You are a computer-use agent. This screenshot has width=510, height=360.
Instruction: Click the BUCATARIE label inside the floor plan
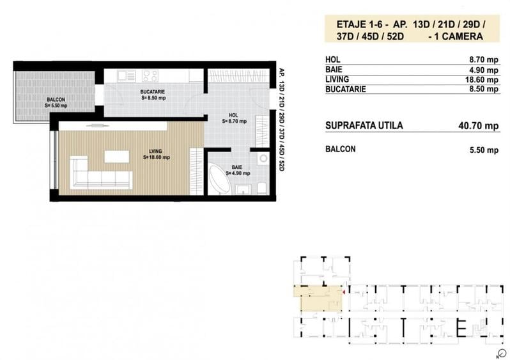point(153,92)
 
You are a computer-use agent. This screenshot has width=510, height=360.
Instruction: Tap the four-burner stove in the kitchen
point(150,75)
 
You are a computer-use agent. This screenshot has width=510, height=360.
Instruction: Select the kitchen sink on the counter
point(126,75)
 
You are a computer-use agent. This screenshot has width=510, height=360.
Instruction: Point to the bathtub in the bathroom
point(220,181)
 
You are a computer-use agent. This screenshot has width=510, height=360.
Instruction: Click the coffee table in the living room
point(116,157)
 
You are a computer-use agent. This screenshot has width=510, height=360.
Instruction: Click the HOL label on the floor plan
point(234,116)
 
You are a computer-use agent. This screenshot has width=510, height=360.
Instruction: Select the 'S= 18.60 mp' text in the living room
point(156,157)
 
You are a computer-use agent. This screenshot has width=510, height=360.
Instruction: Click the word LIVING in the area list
point(337,79)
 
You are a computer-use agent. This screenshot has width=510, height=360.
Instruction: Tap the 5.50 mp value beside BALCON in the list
point(484,150)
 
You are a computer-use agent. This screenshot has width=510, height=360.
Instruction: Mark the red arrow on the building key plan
point(344,292)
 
